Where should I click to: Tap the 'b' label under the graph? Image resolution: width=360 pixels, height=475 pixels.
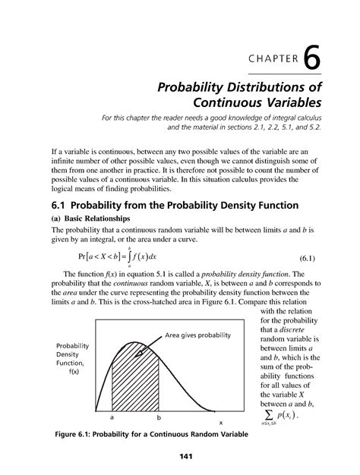point(159,417)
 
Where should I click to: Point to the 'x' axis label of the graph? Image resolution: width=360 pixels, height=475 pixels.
point(221,423)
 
